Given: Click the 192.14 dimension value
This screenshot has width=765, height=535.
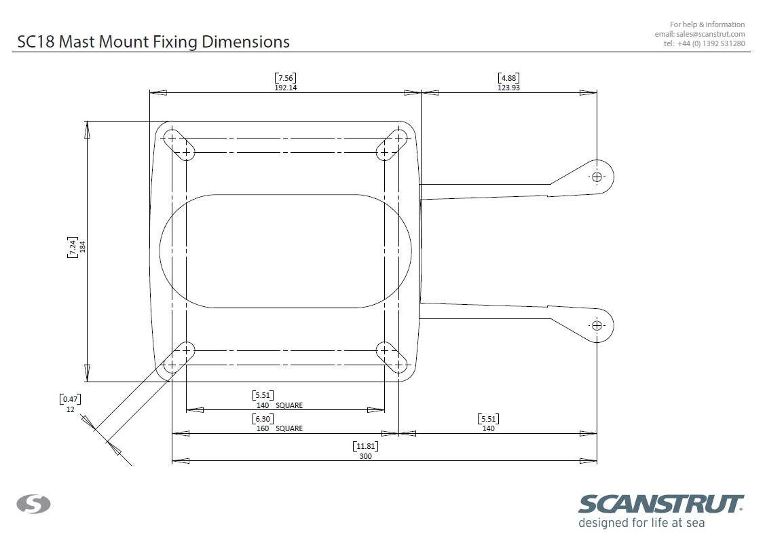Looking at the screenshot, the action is (285, 88).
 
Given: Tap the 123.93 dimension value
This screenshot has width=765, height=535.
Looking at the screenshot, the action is (508, 88).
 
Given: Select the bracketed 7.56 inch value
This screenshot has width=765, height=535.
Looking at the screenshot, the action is (285, 78).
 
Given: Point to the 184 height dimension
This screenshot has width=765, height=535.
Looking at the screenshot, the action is (82, 246).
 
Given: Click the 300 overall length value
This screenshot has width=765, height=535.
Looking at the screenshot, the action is (365, 456).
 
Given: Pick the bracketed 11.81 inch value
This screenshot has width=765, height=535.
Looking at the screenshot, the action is (365, 446).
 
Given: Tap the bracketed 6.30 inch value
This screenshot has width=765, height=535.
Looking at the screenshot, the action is (263, 419).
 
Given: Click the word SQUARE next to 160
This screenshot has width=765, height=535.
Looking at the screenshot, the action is (289, 428).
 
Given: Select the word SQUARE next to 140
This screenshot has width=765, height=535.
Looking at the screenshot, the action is (289, 405).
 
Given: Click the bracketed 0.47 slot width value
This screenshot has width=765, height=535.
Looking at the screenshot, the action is (71, 399).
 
